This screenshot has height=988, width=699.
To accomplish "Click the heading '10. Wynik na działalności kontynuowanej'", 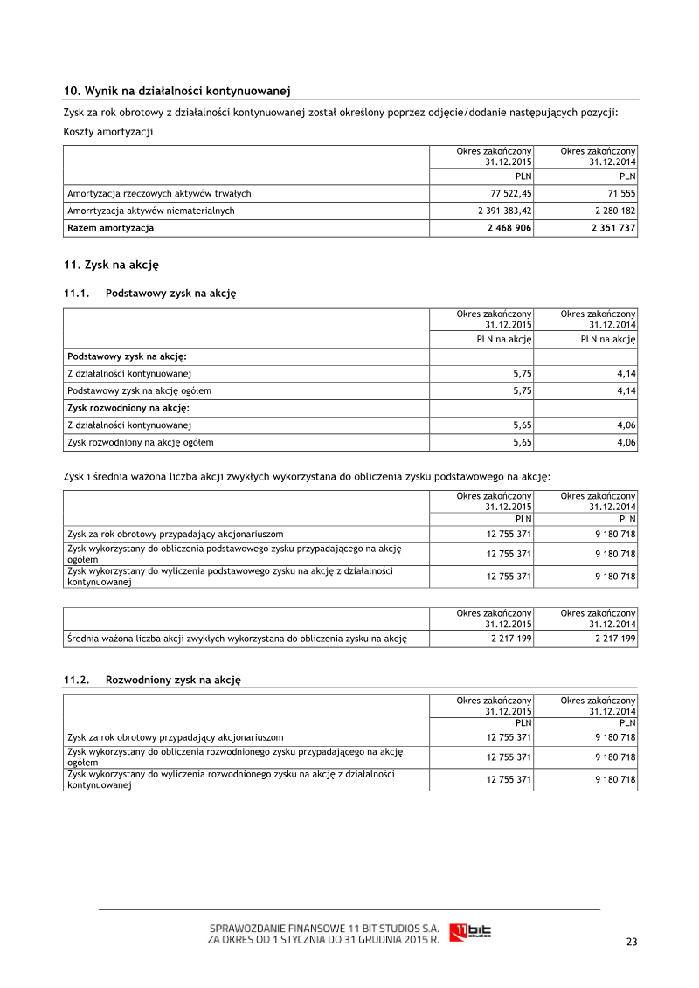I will tap(176, 91).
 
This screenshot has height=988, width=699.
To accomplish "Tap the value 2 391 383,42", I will tap(499, 211).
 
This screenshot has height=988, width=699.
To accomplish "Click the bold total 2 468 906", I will tap(509, 228).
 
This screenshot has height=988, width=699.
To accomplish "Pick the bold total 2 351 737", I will tap(613, 228).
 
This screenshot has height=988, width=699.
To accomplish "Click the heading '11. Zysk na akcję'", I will tap(111, 265).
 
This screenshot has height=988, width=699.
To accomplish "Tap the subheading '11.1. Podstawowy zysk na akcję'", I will tap(149, 294).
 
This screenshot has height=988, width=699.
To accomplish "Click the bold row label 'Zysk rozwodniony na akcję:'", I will tap(128, 408).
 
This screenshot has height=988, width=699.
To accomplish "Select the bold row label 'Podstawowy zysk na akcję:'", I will tap(127, 356).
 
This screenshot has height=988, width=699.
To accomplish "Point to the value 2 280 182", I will tap(613, 211).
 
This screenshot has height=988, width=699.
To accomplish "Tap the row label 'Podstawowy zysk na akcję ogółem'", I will tap(139, 390).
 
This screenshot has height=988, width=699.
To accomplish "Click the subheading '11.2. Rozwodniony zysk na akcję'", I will tap(151, 679).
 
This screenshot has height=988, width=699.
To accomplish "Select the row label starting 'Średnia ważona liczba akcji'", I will tap(237, 639).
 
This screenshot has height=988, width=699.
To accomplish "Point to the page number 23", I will tap(632, 942).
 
